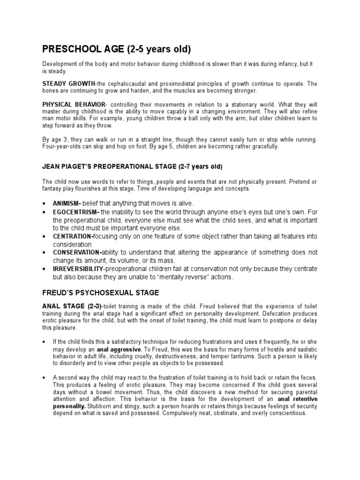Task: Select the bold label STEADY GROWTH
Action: (68, 83)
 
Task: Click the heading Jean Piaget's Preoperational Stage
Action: (132, 166)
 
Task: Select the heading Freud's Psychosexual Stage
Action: (101, 293)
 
